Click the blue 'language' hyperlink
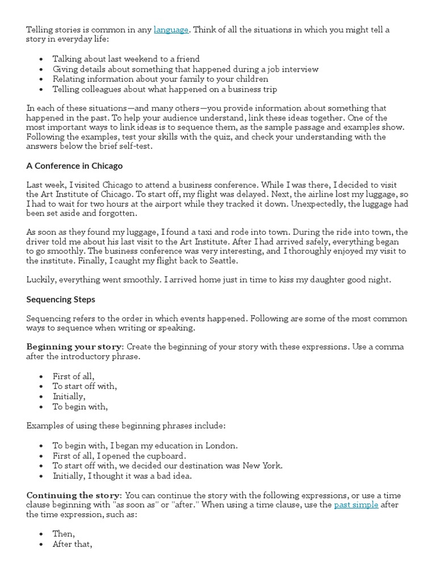coord(171,30)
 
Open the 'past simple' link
coord(356,504)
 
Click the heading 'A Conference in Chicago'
coord(74,166)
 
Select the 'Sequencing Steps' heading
coord(61,299)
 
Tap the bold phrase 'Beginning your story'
coord(74,347)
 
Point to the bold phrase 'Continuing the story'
coord(73,495)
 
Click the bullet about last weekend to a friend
coord(126,59)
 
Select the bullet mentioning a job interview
coord(185,69)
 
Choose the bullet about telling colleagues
coord(165,89)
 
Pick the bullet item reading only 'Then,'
coord(64,534)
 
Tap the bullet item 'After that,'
coord(72,544)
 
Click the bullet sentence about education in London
coord(145,446)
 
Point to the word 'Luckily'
coord(40,280)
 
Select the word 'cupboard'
coord(167,456)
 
